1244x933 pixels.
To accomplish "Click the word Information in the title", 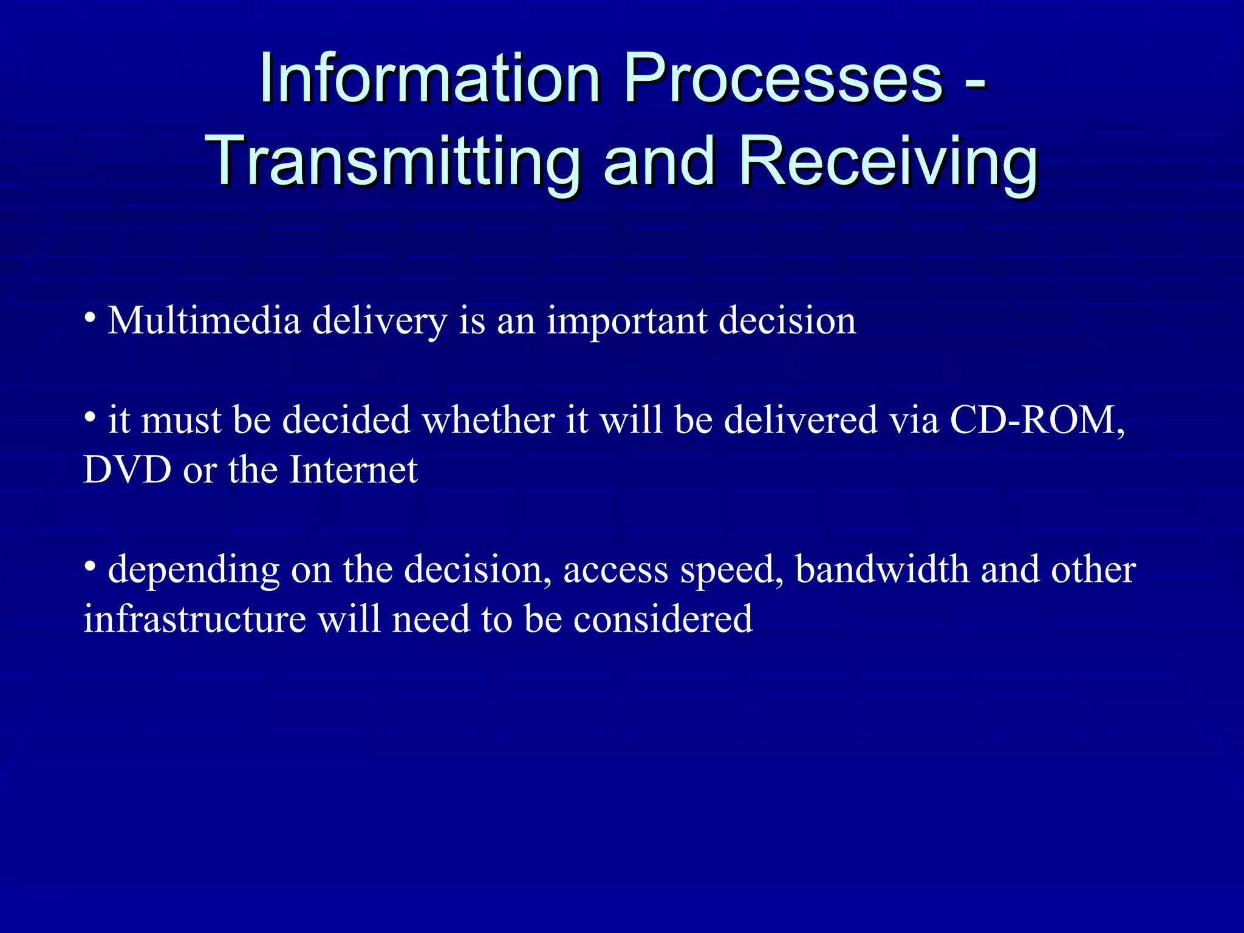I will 430,79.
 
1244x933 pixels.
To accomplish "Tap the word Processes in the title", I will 783,79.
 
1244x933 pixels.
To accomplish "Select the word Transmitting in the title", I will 392,161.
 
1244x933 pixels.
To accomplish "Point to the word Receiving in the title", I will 888,161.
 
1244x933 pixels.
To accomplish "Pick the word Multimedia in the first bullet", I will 204,320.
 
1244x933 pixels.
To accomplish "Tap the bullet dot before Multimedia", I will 90,316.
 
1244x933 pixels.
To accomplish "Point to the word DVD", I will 128,470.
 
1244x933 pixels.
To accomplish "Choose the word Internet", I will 354,470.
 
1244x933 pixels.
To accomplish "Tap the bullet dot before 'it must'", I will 90,417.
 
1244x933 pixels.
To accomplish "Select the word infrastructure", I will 194,619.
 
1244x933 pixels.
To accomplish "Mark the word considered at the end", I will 663,619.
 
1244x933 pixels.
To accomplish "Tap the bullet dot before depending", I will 90,566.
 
